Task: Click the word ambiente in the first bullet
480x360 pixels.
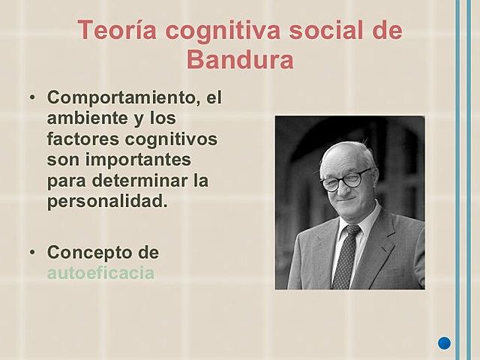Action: (83, 118)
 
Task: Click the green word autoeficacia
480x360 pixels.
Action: (100, 272)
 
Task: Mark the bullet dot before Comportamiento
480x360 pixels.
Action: (32, 99)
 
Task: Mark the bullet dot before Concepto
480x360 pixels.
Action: (32, 252)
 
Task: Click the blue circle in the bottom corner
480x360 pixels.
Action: (444, 343)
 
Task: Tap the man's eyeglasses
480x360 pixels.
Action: (347, 179)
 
